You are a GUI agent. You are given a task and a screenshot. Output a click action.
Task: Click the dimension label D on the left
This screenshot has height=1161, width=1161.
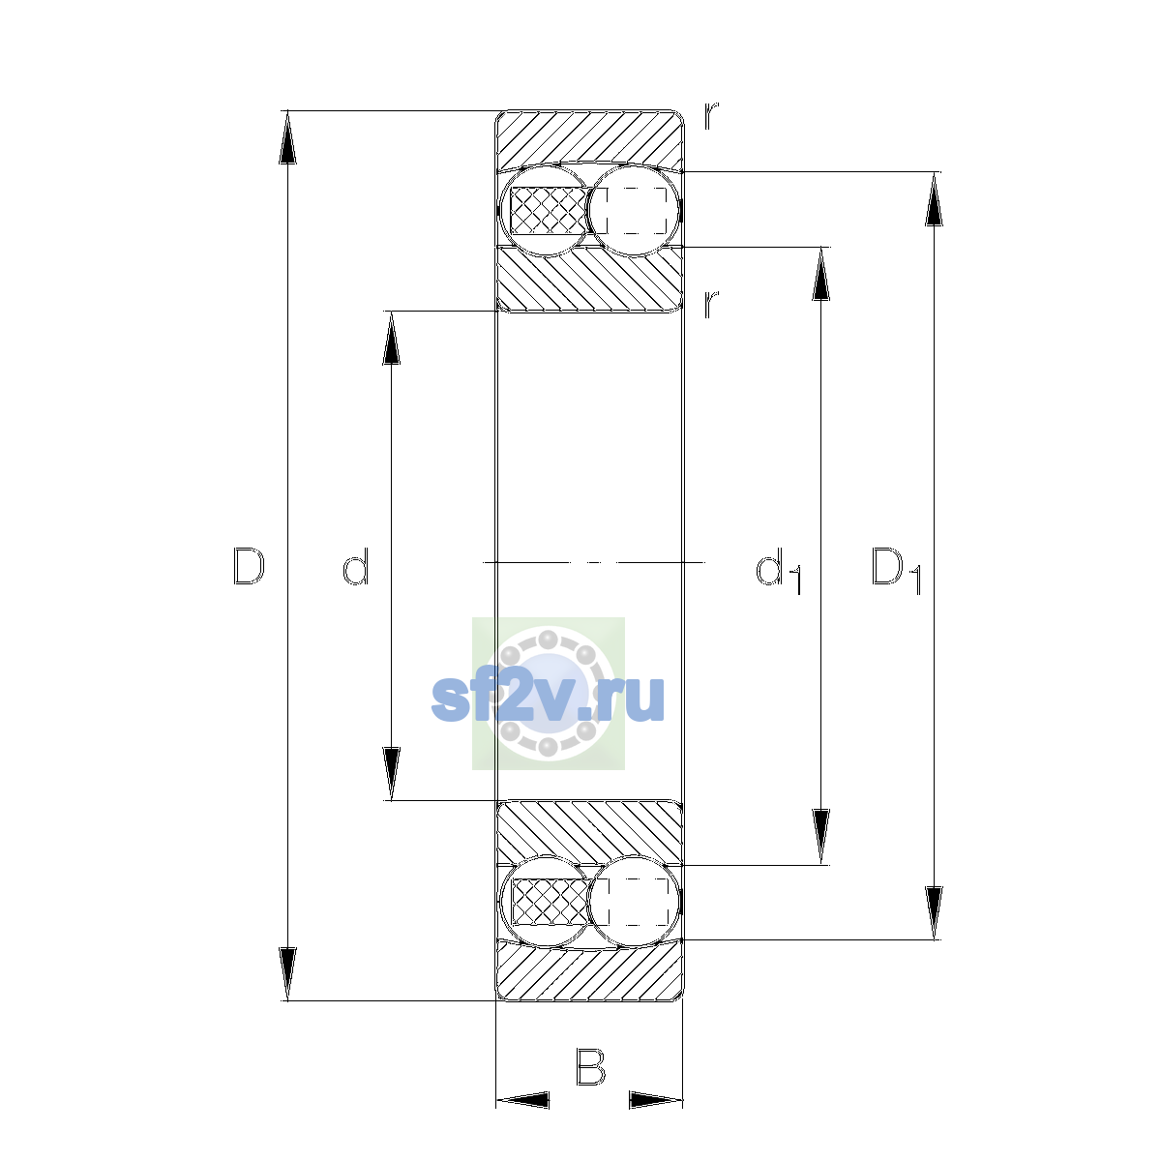(249, 566)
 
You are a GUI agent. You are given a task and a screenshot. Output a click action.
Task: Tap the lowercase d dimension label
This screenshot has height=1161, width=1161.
(355, 566)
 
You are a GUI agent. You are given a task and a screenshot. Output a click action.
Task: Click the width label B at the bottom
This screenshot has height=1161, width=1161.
(590, 1067)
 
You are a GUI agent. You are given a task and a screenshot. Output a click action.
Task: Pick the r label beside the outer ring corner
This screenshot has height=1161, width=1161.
(711, 116)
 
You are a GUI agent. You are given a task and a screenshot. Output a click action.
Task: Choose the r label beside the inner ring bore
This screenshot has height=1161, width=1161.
(711, 304)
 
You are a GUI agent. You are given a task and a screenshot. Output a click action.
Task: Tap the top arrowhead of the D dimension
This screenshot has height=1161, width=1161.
(287, 137)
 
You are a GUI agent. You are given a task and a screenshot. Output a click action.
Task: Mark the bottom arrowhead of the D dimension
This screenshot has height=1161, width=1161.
(287, 974)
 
